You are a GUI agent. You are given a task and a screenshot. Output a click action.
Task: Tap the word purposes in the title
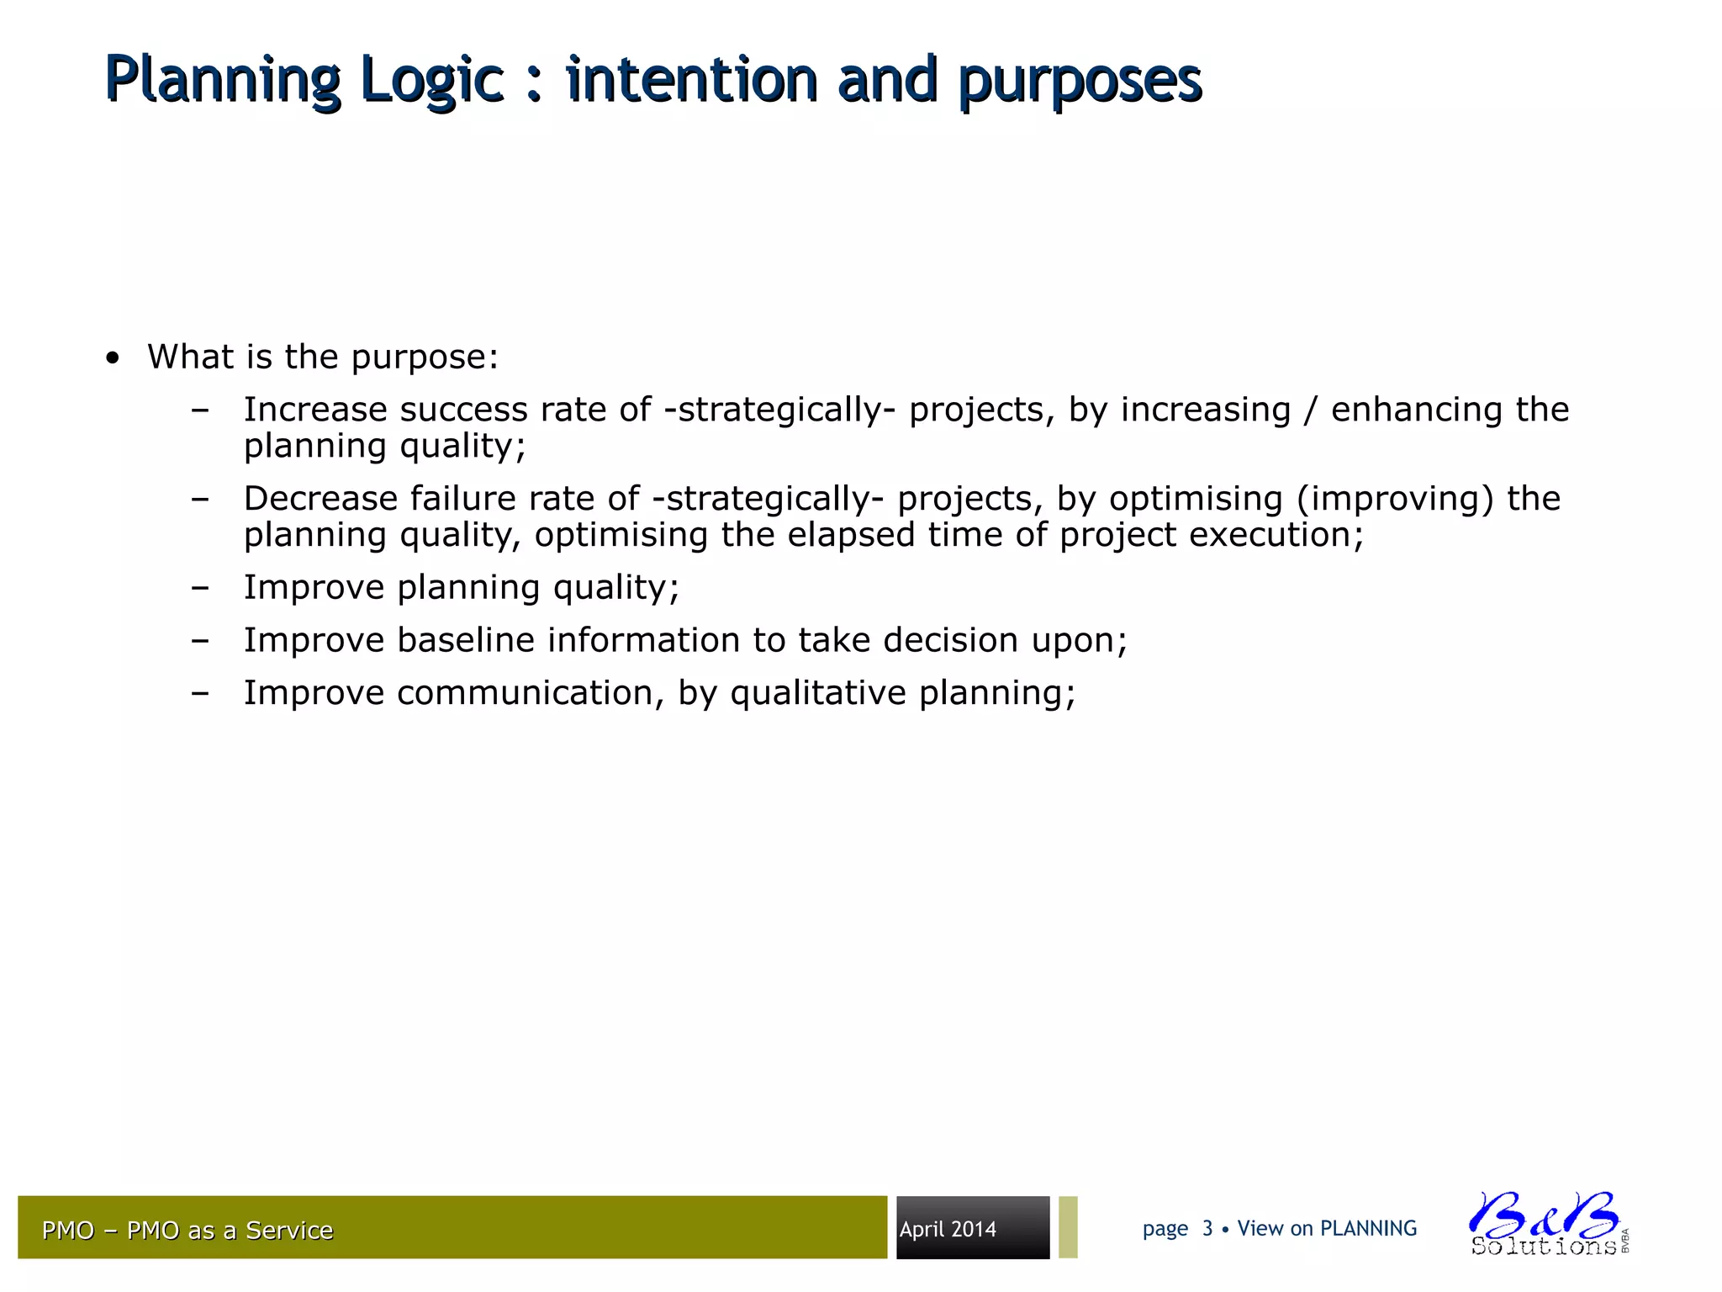pyautogui.click(x=1080, y=81)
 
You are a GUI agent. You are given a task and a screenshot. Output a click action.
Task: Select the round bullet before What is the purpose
pyautogui.click(x=113, y=359)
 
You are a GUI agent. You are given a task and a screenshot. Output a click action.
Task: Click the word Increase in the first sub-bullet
pyautogui.click(x=314, y=410)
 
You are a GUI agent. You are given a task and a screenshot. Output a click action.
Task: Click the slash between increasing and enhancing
pyautogui.click(x=1310, y=410)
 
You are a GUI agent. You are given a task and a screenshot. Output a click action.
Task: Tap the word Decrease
pyautogui.click(x=320, y=499)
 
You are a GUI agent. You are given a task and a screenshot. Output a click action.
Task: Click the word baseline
pyautogui.click(x=465, y=640)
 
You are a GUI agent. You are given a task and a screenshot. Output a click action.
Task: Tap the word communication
pyautogui.click(x=525, y=693)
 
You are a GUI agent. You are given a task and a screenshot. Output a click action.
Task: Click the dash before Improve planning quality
pyautogui.click(x=199, y=588)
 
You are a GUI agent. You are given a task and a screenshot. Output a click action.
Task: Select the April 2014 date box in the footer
pyautogui.click(x=972, y=1228)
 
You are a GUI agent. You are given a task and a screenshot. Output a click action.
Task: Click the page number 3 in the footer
pyautogui.click(x=1207, y=1229)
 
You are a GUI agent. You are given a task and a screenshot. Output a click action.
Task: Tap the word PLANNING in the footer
pyautogui.click(x=1368, y=1229)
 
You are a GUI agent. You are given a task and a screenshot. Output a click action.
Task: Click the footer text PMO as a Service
pyautogui.click(x=230, y=1231)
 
